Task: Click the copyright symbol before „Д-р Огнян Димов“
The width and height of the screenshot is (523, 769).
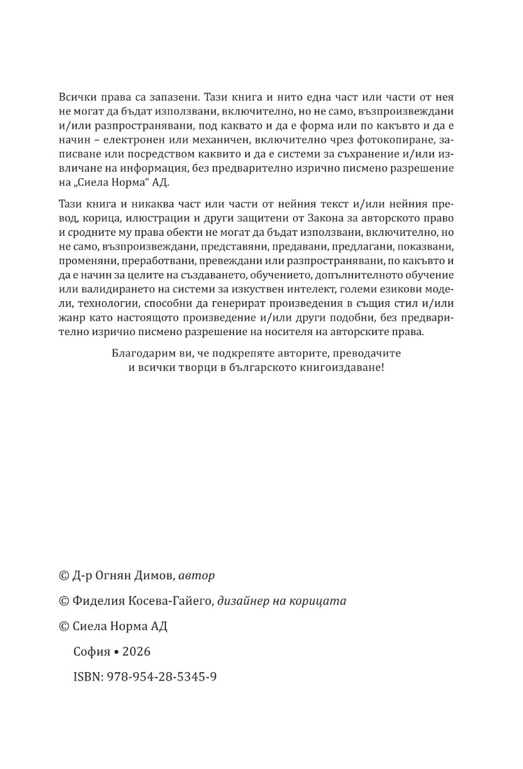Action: pos(63,575)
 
